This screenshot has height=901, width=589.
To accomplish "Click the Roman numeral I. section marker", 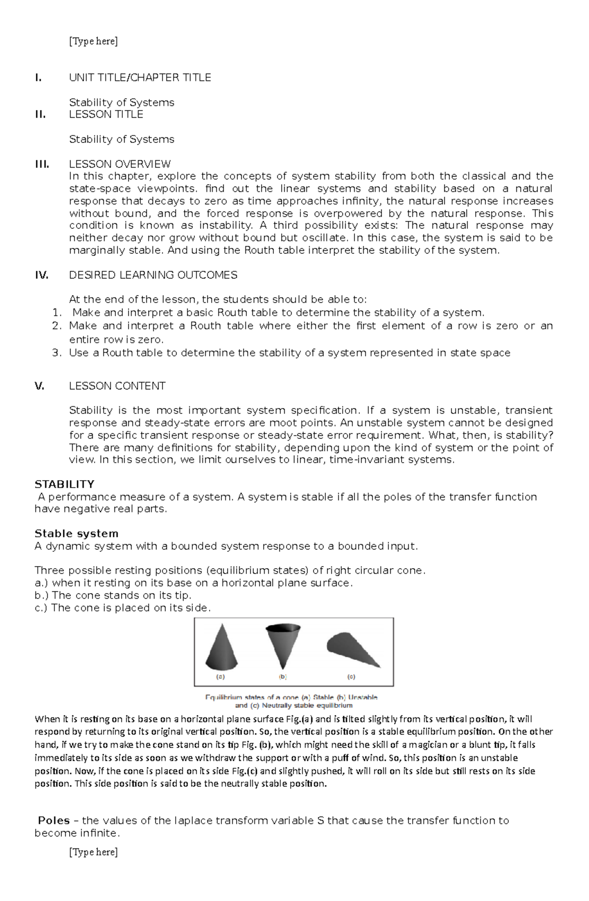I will click(38, 78).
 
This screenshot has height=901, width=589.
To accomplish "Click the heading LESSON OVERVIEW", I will click(120, 164).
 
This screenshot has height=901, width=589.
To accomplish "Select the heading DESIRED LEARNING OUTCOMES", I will click(153, 275).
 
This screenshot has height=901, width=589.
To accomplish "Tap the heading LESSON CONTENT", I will click(117, 386).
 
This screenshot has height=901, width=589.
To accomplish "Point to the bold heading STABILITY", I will click(64, 484).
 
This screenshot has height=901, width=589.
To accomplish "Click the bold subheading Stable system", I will click(77, 533).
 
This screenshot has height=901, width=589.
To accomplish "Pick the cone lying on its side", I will click(352, 649).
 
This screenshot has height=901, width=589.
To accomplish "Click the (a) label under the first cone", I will click(221, 676).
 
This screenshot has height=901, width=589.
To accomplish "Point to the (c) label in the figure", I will click(351, 676).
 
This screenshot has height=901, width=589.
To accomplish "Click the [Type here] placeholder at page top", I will click(93, 41).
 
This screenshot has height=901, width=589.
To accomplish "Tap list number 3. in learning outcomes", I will click(57, 353).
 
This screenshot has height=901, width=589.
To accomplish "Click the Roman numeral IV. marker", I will click(41, 275).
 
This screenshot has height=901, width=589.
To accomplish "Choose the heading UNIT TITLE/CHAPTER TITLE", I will click(140, 78).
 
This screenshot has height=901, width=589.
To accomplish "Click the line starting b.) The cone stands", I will click(113, 595).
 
